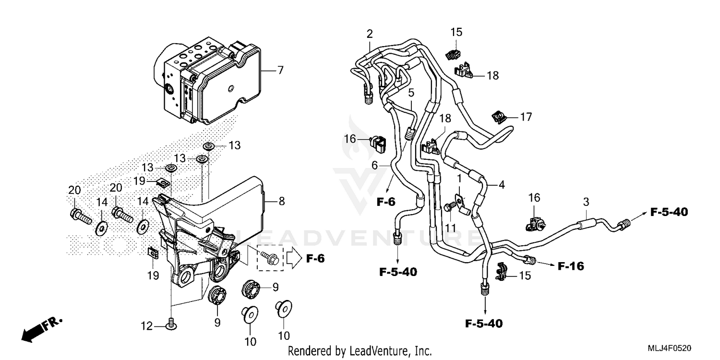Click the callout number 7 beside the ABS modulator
click(x=280, y=71)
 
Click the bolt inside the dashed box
click(x=267, y=259)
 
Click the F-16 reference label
click(x=571, y=265)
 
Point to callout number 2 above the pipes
click(x=369, y=34)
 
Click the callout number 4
click(x=502, y=185)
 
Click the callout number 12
click(x=147, y=327)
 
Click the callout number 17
click(x=526, y=117)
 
